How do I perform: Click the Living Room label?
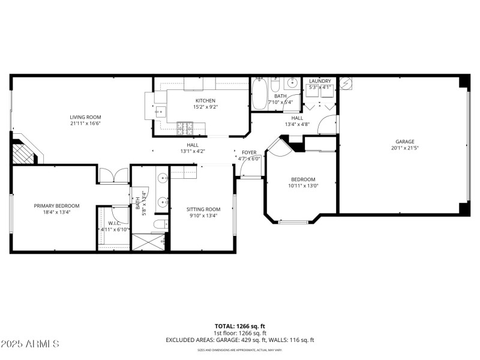coord(85,117)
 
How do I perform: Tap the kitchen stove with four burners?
coord(184,127)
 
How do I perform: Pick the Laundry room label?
coord(320,81)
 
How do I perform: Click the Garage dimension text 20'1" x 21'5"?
coord(404,148)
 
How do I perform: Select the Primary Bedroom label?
coord(56,206)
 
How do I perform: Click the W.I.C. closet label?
coord(113,223)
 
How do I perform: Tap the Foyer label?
coord(250,152)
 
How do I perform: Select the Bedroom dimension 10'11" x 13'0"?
coord(303,185)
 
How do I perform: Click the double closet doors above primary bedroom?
coord(113,175)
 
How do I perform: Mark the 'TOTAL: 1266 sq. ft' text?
coord(239,326)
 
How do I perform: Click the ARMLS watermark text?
coord(30,344)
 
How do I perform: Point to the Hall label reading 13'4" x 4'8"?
coord(296,124)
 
